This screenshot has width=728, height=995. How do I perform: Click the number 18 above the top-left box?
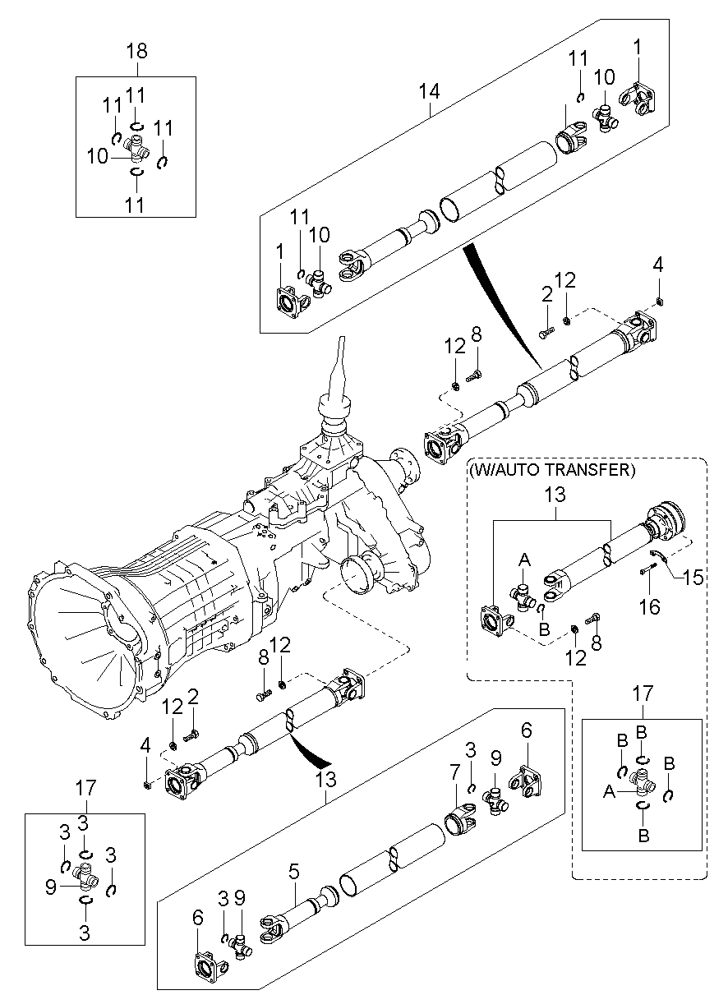136,51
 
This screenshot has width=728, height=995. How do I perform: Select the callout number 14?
430,90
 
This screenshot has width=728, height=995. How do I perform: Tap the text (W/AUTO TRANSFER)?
551,470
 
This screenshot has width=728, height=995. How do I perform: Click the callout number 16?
650,606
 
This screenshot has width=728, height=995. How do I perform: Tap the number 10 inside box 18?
97,154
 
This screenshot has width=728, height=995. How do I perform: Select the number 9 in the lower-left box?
50,887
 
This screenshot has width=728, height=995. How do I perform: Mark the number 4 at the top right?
657,265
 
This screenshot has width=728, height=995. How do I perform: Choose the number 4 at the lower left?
145,747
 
